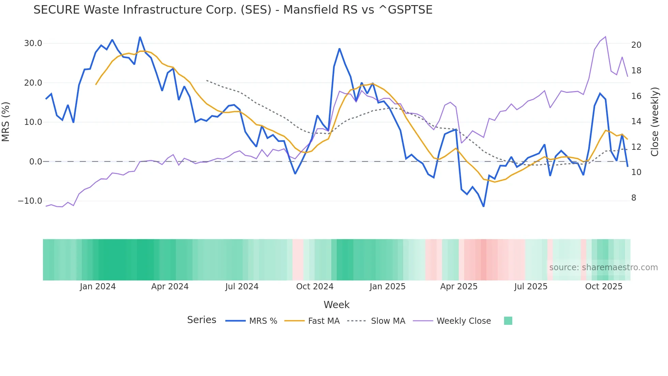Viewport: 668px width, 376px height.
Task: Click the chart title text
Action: pyautogui.click(x=233, y=10)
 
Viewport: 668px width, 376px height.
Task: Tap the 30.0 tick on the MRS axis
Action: pyautogui.click(x=33, y=43)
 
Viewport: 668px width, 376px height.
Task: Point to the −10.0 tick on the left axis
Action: pyautogui.click(x=30, y=201)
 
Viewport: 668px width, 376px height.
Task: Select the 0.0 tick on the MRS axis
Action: pyautogui.click(x=35, y=162)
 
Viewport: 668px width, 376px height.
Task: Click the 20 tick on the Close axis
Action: pyautogui.click(x=636, y=45)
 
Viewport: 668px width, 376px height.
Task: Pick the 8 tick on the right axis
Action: pyautogui.click(x=634, y=198)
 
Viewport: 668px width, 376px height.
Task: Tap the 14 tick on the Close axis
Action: pyautogui.click(x=636, y=121)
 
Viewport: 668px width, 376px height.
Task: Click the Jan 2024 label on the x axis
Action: pyautogui.click(x=98, y=287)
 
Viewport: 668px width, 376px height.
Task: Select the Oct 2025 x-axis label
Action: pyautogui.click(x=604, y=287)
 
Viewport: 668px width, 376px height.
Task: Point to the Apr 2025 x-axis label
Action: pyautogui.click(x=459, y=287)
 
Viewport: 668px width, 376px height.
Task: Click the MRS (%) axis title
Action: pyautogui.click(x=6, y=121)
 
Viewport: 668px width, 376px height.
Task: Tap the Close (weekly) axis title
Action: pyautogui.click(x=655, y=121)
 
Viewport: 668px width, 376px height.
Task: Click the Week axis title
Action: pyautogui.click(x=336, y=305)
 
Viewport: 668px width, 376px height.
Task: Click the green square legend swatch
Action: pyautogui.click(x=508, y=321)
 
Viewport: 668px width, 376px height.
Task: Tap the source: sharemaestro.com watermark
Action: pyautogui.click(x=603, y=267)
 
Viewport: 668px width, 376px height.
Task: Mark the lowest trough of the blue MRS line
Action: pyautogui.click(x=483, y=206)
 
